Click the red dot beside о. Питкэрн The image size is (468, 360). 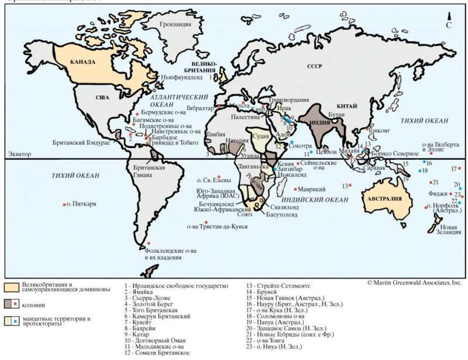64,204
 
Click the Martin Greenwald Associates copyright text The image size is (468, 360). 414,282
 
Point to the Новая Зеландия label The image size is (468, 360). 449,230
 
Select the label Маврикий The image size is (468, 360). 307,190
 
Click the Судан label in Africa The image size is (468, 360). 260,136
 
